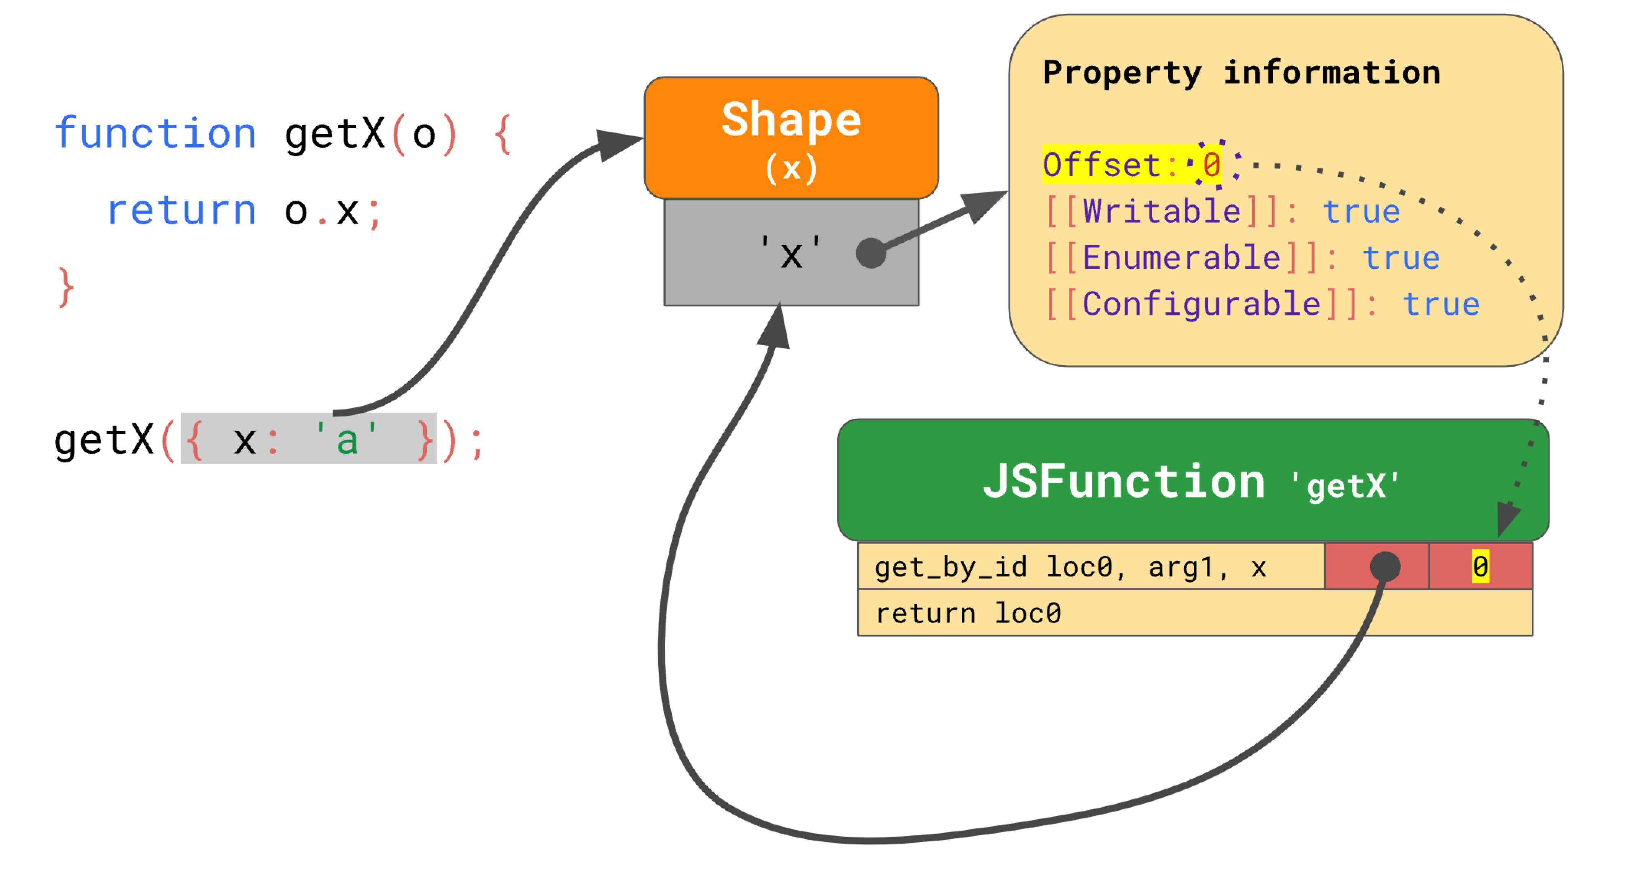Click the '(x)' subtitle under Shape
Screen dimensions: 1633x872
[x=791, y=168]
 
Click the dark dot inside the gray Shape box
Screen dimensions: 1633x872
[x=871, y=253]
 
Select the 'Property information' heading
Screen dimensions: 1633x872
[x=1241, y=72]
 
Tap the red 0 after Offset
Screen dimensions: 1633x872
[x=1211, y=165]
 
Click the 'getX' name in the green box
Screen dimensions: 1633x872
[x=1346, y=486]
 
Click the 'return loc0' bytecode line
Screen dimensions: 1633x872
[x=968, y=613]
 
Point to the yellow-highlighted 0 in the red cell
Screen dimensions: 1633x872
[x=1480, y=566]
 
